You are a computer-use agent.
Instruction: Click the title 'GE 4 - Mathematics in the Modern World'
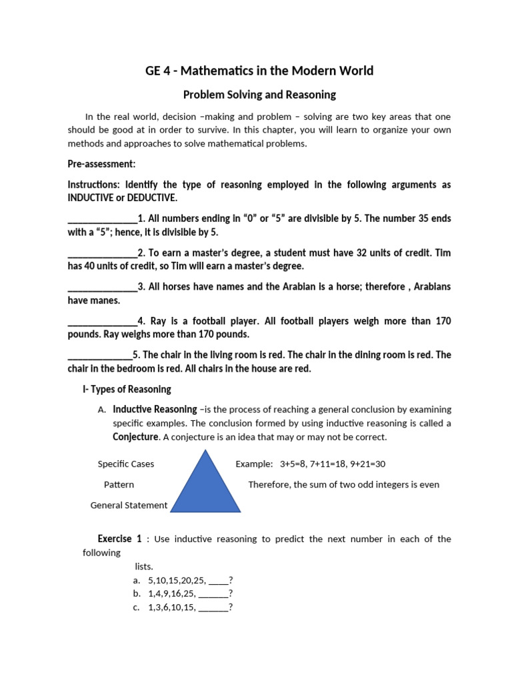pos(259,71)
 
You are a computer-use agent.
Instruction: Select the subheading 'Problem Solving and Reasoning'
pos(259,95)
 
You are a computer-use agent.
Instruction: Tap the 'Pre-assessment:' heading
pos(101,164)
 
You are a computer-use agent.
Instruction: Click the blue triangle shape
pos(205,482)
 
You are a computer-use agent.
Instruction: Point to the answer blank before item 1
pos(102,218)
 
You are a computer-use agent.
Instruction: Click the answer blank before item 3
pos(102,287)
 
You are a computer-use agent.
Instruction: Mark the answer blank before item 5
pos(100,355)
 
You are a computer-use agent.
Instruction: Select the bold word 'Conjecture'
pos(136,437)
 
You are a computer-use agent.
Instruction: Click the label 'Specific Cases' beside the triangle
pos(126,464)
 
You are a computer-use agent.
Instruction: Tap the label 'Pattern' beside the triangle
pos(119,485)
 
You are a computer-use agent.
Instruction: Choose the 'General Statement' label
pos(129,506)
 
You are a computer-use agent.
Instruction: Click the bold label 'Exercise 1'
pos(119,539)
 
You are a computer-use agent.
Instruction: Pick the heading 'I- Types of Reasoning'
pos(127,389)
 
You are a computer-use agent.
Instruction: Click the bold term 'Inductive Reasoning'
pos(155,410)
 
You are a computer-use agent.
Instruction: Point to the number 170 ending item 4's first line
pos(443,321)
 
